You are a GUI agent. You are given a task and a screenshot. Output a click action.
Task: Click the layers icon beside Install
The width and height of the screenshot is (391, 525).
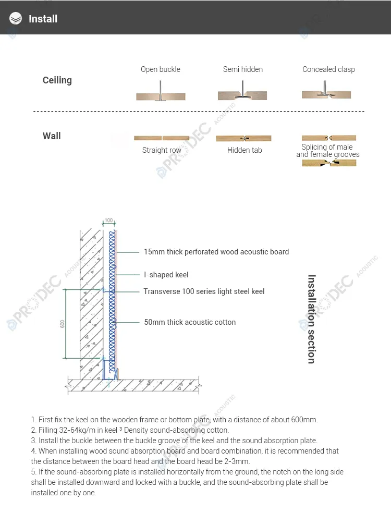click(x=16, y=19)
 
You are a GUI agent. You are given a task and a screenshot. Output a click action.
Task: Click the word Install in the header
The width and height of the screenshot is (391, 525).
click(x=43, y=19)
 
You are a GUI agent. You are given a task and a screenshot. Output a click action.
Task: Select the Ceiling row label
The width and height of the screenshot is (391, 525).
click(x=57, y=80)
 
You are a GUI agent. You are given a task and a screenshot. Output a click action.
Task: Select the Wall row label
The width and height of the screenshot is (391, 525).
click(x=52, y=136)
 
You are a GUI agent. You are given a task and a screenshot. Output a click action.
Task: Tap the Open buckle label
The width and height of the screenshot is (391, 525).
click(x=161, y=69)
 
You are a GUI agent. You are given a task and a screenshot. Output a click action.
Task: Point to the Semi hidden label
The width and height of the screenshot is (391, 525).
click(x=243, y=69)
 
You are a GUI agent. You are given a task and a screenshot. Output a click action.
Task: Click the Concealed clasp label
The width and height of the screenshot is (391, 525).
click(x=328, y=69)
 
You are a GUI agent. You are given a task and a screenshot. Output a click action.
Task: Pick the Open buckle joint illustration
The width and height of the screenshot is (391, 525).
click(x=161, y=96)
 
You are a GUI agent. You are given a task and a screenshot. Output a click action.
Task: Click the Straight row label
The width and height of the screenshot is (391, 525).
click(x=162, y=150)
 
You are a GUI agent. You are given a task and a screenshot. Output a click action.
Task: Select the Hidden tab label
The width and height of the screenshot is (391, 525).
click(x=245, y=150)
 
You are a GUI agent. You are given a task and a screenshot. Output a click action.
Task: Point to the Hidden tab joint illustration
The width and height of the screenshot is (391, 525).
click(x=243, y=138)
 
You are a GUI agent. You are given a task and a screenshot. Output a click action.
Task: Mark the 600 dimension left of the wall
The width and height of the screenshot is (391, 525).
click(x=63, y=324)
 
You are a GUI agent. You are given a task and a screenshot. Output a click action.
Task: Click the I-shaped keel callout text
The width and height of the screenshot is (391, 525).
click(x=166, y=275)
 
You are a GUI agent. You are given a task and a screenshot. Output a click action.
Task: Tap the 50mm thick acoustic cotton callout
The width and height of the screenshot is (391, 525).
click(x=190, y=322)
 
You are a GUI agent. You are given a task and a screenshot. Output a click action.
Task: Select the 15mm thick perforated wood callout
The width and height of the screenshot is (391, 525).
click(x=216, y=252)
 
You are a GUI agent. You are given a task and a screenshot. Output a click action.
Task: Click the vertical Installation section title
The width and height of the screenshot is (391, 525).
click(x=311, y=319)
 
